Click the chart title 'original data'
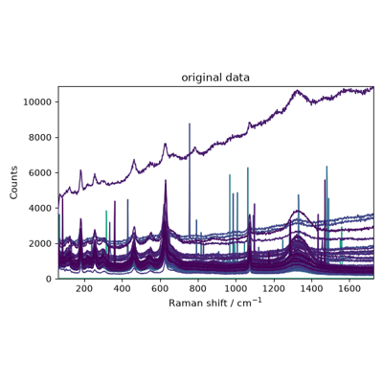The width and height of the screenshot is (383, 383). click(x=215, y=78)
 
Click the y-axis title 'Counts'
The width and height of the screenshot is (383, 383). click(x=13, y=183)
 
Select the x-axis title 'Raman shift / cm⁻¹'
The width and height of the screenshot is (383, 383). click(x=215, y=303)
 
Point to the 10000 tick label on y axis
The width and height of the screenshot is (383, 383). click(x=37, y=102)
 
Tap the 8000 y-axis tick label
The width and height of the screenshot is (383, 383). click(x=40, y=138)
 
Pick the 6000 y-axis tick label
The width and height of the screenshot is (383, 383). click(x=40, y=173)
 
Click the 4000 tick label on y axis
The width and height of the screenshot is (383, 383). click(x=40, y=209)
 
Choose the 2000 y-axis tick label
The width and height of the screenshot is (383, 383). click(x=40, y=243)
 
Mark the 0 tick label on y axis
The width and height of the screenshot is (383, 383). click(x=49, y=279)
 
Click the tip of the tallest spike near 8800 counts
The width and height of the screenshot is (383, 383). click(x=190, y=124)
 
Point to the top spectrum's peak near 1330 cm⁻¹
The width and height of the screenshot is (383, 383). click(x=297, y=90)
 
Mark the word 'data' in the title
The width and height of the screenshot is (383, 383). click(x=237, y=78)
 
